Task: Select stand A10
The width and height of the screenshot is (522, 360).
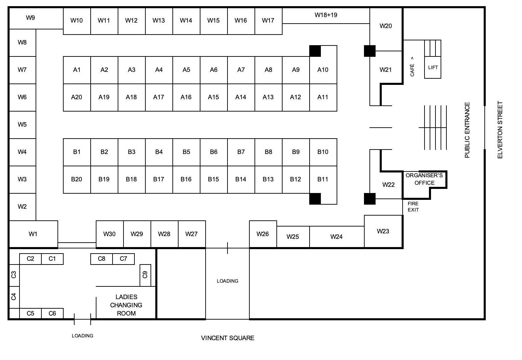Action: pos(323,70)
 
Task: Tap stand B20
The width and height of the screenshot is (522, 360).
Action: pos(77,179)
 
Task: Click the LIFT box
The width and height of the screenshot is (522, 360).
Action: pos(433,67)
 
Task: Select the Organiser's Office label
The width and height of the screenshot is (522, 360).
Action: pos(424,179)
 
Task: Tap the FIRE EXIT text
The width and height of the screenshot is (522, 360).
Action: pos(413,207)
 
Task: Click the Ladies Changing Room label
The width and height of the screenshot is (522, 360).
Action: pos(126,305)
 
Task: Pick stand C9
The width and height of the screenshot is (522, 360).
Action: pos(145,275)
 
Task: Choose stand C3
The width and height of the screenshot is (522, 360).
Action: pos(14,274)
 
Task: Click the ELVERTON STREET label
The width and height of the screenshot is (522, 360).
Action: pos(500,130)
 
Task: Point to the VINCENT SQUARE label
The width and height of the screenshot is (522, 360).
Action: pos(227,338)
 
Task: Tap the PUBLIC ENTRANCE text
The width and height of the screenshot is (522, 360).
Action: pos(467,130)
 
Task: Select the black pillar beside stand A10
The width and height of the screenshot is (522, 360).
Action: pos(315,51)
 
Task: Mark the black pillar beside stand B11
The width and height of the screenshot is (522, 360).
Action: pos(315,199)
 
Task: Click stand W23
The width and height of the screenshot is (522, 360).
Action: pos(383,231)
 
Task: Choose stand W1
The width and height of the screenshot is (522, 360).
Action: pos(33,234)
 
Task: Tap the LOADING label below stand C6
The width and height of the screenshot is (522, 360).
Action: pos(82,336)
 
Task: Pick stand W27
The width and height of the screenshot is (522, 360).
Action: pos(192,234)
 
